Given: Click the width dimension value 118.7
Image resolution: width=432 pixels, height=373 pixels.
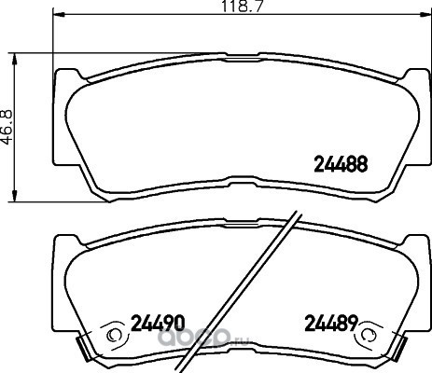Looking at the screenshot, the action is [242, 6].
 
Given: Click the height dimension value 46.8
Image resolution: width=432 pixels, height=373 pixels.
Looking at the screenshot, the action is [7, 127].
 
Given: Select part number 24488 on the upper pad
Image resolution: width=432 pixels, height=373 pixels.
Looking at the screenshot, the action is [341, 164].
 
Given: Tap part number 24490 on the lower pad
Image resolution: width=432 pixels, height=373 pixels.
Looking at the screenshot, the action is [158, 323].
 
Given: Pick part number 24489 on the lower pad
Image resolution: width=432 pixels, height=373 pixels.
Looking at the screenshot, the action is [331, 323].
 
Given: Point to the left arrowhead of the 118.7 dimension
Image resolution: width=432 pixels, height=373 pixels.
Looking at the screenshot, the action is [59, 14].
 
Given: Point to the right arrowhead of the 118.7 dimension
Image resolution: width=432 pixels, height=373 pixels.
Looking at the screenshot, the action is [425, 14].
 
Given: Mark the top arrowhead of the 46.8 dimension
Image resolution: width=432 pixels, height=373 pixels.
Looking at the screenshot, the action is [14, 59].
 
